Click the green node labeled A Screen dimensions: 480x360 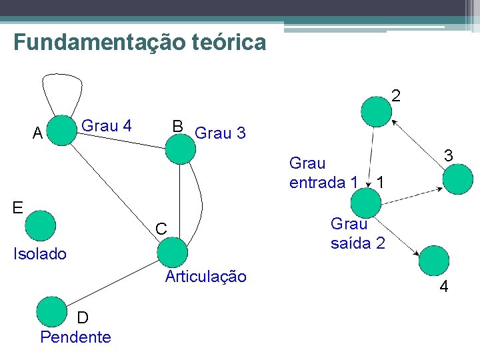point(63,131)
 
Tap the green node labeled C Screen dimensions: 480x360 point(173,252)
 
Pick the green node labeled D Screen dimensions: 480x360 point(52,311)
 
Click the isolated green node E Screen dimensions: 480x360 point(41,225)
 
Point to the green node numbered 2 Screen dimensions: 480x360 point(376,111)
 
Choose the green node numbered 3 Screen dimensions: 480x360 point(458,179)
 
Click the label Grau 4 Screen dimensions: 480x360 point(107,125)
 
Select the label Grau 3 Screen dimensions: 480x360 point(220,133)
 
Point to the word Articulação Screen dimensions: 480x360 point(205,277)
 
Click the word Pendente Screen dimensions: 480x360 point(75,337)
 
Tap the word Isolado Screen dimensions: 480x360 point(41,254)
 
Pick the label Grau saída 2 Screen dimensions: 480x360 point(357,234)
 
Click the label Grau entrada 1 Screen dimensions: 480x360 point(323,173)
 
